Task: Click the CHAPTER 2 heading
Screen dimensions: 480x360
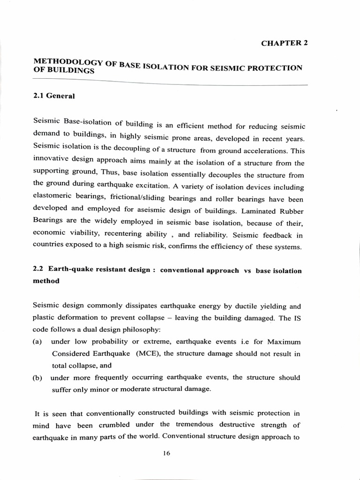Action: pyautogui.click(x=284, y=43)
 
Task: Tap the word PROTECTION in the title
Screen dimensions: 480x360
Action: pyautogui.click(x=278, y=68)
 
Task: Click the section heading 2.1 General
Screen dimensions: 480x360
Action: pyautogui.click(x=54, y=96)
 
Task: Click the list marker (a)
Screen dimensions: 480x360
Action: pyautogui.click(x=37, y=342)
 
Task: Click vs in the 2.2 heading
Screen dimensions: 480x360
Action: pyautogui.click(x=247, y=271)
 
